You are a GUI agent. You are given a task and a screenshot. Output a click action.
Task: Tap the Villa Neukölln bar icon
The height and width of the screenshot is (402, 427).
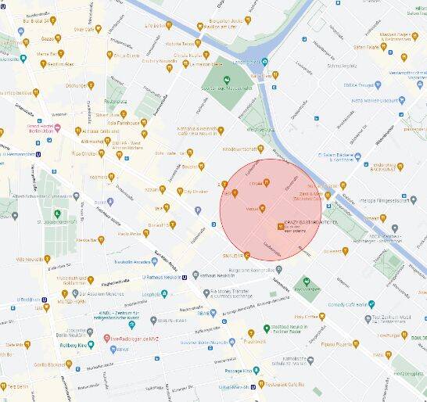pos(47,258)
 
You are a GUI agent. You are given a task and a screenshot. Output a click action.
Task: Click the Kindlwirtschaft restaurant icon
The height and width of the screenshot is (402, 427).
pos(260,148)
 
